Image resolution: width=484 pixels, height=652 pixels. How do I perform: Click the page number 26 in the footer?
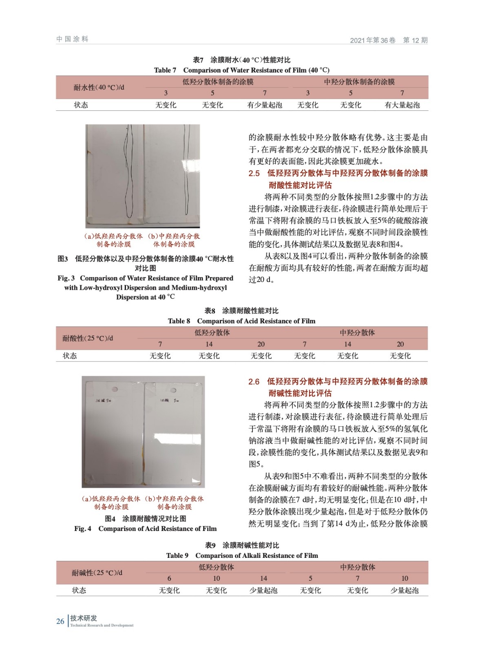click(x=60, y=621)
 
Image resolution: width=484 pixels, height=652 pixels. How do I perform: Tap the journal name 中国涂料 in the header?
click(x=72, y=39)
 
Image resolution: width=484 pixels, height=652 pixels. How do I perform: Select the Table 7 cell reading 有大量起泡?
click(x=402, y=105)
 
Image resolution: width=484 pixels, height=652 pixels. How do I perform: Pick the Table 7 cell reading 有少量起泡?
click(x=264, y=105)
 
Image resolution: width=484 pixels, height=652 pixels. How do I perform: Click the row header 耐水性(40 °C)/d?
click(x=99, y=87)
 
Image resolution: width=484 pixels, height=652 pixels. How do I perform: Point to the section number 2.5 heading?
click(x=254, y=173)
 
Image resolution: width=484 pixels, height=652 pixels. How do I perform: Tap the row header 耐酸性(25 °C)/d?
click(x=88, y=338)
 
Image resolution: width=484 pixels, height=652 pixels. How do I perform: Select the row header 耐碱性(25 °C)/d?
click(x=97, y=573)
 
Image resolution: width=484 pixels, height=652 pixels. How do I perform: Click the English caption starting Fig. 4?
click(x=145, y=529)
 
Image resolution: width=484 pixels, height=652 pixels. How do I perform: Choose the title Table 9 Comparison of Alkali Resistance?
click(x=242, y=555)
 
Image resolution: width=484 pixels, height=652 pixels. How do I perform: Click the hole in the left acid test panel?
click(x=115, y=389)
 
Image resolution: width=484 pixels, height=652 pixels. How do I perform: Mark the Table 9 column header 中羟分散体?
click(x=358, y=567)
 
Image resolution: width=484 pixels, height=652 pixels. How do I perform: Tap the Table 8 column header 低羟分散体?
click(x=212, y=333)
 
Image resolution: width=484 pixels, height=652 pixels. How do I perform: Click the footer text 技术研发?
click(x=84, y=618)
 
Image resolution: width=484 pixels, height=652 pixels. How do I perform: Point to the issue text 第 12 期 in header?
click(x=415, y=40)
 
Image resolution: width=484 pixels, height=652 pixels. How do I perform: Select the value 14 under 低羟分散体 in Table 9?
click(x=263, y=578)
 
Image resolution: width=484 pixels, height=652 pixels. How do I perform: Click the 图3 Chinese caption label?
click(x=63, y=259)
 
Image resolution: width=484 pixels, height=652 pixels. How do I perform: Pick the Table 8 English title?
click(x=241, y=321)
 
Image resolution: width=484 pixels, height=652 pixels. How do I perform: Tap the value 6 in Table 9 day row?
click(x=169, y=578)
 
